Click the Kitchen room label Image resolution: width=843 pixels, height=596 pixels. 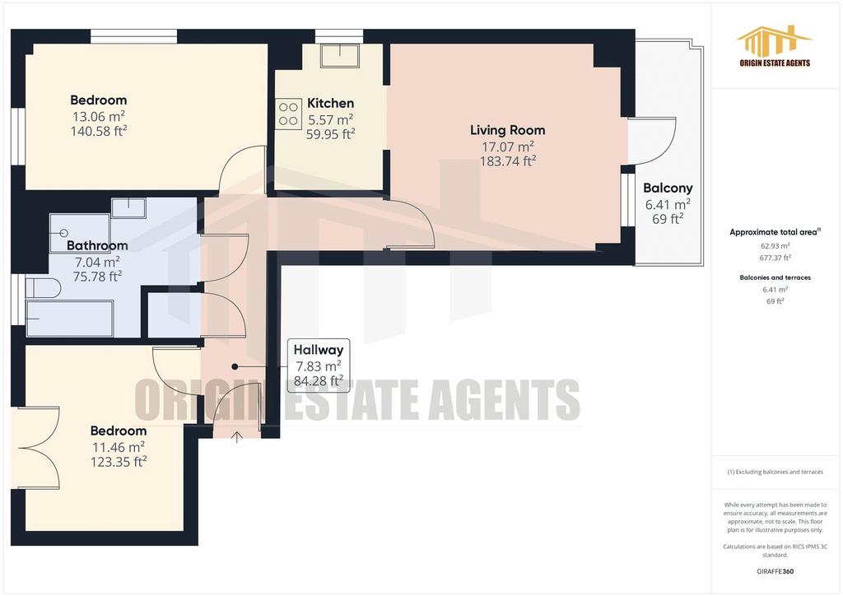[x=330, y=103]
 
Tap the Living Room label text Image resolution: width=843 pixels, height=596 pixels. [x=507, y=130]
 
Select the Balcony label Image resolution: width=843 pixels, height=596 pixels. [x=668, y=188]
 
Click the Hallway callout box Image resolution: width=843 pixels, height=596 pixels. [x=319, y=366]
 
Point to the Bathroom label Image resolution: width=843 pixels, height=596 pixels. [x=97, y=245]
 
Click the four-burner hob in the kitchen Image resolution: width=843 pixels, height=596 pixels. [x=289, y=114]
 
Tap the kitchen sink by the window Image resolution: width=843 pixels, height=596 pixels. [x=340, y=55]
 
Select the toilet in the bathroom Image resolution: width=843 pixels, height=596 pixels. [x=43, y=288]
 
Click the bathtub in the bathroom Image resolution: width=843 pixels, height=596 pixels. [x=69, y=318]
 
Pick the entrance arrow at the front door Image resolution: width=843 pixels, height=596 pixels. [x=236, y=436]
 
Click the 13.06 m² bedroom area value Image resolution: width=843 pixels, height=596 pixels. [x=99, y=117]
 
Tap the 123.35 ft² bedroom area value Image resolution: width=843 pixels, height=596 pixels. [x=119, y=462]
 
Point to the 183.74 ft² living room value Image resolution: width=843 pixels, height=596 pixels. [x=507, y=161]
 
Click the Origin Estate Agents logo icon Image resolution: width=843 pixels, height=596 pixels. [x=774, y=40]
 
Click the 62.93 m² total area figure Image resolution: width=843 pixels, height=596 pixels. [x=775, y=246]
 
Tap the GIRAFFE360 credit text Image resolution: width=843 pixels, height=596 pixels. [x=775, y=571]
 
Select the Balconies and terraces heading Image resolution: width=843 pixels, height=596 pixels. [x=775, y=278]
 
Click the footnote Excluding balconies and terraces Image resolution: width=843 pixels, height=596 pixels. [x=775, y=472]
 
